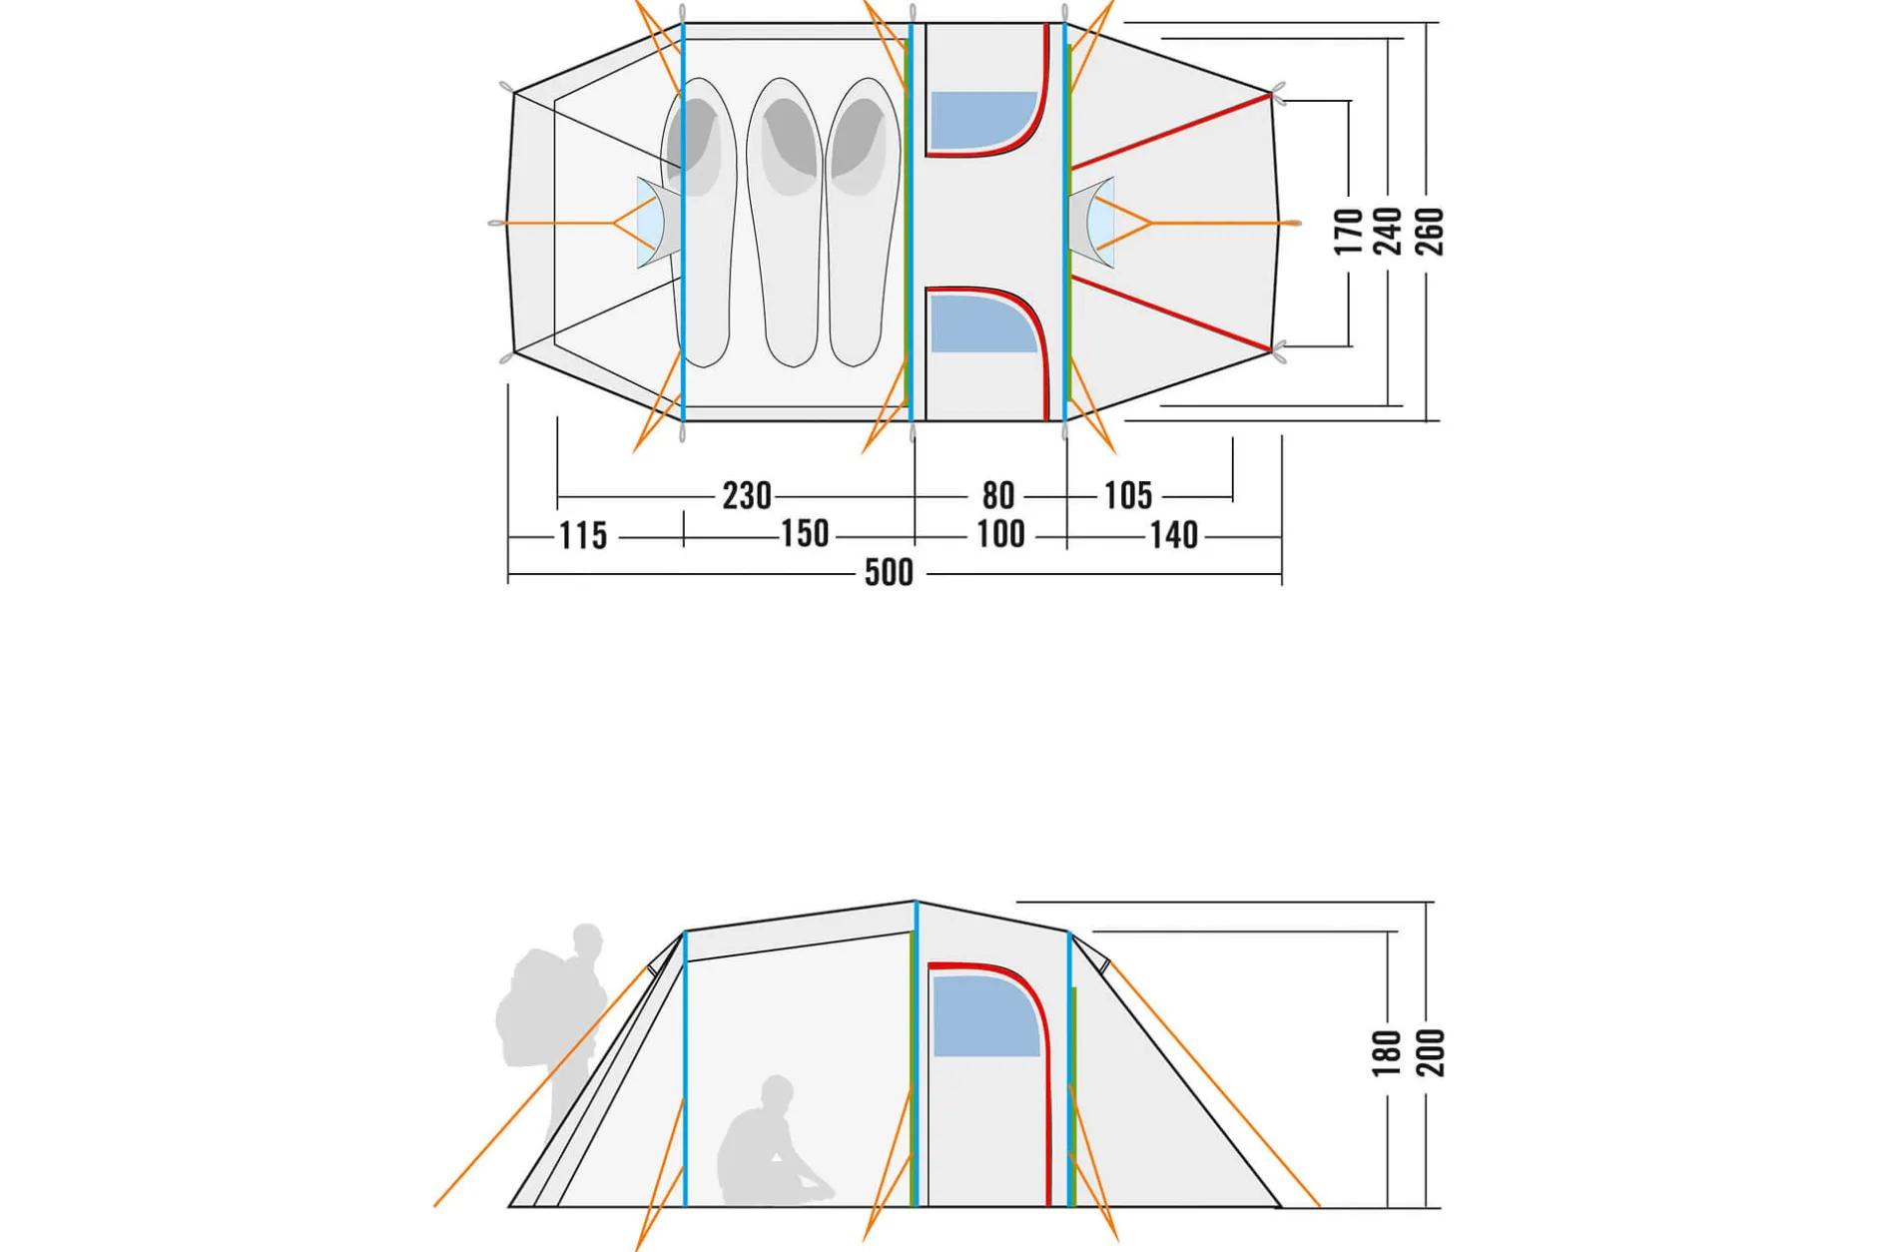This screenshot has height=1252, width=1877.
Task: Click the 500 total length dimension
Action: pyautogui.click(x=889, y=573)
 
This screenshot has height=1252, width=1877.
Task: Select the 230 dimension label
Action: pyautogui.click(x=747, y=496)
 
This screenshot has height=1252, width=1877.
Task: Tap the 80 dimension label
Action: pyautogui.click(x=998, y=496)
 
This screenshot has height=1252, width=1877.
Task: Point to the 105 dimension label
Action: pyautogui.click(x=1128, y=496)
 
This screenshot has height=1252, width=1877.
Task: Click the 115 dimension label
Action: pyautogui.click(x=583, y=536)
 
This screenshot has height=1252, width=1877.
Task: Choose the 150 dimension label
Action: pyautogui.click(x=805, y=534)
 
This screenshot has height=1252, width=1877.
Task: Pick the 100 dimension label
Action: pyautogui.click(x=1000, y=535)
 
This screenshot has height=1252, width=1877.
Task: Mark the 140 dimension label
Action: pyautogui.click(x=1174, y=536)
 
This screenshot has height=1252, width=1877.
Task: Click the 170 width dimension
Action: pyautogui.click(x=1349, y=232)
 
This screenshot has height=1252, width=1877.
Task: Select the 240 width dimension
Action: pyautogui.click(x=1389, y=232)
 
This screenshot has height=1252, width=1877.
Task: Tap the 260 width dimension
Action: pyautogui.click(x=1430, y=232)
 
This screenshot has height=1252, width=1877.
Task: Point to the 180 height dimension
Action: pyautogui.click(x=1387, y=1053)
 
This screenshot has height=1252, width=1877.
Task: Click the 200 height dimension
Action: pyautogui.click(x=1431, y=1053)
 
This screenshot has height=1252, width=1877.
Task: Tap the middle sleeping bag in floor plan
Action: pyautogui.click(x=786, y=223)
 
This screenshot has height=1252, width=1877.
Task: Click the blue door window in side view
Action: pyautogui.click(x=985, y=1016)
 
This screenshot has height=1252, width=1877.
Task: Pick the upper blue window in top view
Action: pyautogui.click(x=982, y=121)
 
